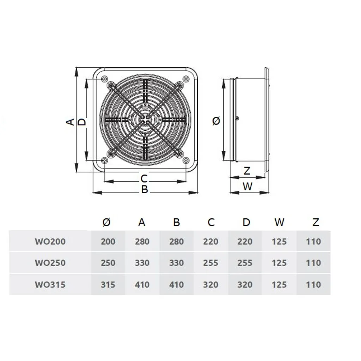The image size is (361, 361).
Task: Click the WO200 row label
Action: tap(50, 242)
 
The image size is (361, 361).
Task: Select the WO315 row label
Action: tap(50, 284)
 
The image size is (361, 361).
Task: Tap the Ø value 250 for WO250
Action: tap(108, 263)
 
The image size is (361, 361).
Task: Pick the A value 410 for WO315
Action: tap(142, 284)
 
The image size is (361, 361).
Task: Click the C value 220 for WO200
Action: tap(210, 242)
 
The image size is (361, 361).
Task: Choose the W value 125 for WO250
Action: tap(279, 263)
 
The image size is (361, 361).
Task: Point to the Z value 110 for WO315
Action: tap(313, 284)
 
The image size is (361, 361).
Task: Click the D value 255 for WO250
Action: tap(245, 263)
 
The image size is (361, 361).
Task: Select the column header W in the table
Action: tap(279, 222)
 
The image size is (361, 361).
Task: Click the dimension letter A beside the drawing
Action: tap(71, 122)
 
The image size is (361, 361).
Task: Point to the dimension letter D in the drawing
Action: tap(82, 122)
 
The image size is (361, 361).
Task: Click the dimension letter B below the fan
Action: tap(145, 189)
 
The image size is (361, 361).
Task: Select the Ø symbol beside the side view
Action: tap(216, 121)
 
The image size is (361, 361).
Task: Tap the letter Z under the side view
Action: tap(247, 171)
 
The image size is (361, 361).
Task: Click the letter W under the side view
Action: tap(248, 186)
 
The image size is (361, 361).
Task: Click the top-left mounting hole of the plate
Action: tap(104, 79)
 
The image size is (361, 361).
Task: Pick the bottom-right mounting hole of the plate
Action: tap(186, 161)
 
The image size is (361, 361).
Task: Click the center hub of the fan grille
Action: tap(145, 119)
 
